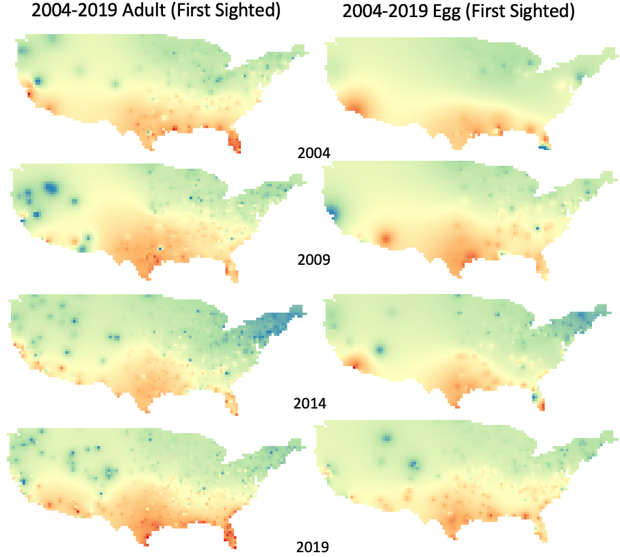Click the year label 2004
tap(314, 153)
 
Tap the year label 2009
tap(314, 260)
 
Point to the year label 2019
tap(313, 547)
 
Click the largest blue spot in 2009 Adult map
tap(50, 187)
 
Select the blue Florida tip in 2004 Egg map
tap(545, 146)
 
